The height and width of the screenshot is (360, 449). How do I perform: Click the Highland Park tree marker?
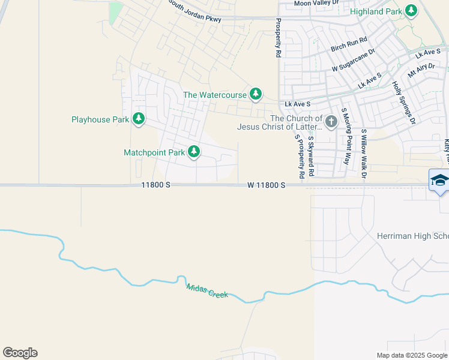click(411, 10)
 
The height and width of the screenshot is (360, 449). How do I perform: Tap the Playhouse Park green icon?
click(139, 119)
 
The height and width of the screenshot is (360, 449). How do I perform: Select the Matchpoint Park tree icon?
click(194, 152)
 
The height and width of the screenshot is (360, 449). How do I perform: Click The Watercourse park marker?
click(256, 94)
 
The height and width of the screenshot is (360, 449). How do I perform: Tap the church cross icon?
click(331, 122)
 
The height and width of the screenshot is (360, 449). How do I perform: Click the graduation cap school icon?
click(439, 181)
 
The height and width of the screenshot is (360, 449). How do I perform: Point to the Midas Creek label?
click(207, 291)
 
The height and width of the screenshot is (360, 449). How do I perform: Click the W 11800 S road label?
click(266, 186)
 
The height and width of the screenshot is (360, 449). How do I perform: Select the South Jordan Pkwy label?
click(194, 11)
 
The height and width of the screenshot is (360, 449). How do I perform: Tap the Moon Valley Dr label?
click(316, 3)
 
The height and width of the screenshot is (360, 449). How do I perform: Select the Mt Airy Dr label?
click(421, 73)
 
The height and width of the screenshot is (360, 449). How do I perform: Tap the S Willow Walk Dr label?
click(364, 154)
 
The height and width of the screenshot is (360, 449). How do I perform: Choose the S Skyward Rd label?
click(312, 157)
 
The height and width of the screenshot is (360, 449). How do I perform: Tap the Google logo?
click(20, 353)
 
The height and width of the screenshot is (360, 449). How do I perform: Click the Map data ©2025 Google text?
click(412, 355)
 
